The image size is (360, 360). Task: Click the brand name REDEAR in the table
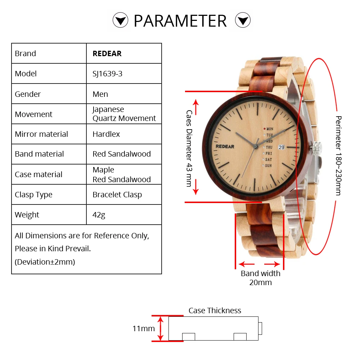[x=107, y=54]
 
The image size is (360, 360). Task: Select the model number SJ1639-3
[x=107, y=74]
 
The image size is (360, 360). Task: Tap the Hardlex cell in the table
[x=106, y=134]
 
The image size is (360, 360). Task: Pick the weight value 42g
[x=99, y=215]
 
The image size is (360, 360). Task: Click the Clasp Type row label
[x=33, y=195]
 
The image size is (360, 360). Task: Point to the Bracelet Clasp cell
[x=117, y=195]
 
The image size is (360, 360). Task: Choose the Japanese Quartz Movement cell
[x=124, y=114]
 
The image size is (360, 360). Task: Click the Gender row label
[x=28, y=94]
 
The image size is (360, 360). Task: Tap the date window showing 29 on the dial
[x=281, y=147]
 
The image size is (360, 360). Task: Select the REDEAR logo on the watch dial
[x=225, y=147]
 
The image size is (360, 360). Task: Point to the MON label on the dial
[x=269, y=129]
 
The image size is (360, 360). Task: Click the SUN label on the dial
[x=268, y=166]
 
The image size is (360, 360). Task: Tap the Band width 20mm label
[x=261, y=278]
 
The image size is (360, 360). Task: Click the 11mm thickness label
[x=144, y=329]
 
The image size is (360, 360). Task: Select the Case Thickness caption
[x=215, y=311]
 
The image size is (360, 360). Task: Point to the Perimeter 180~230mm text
[x=338, y=156]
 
